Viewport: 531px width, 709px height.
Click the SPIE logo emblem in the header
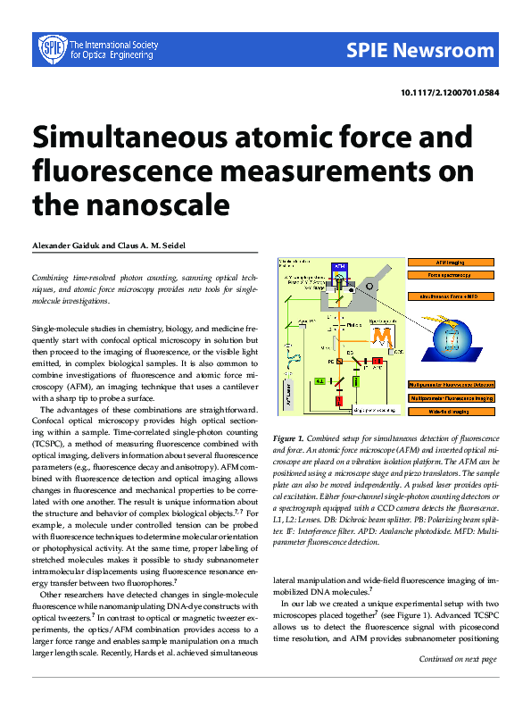pyautogui.click(x=51, y=49)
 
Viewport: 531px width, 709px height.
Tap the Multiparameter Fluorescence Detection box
pyautogui.click(x=452, y=383)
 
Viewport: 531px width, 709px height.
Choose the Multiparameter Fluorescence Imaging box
pyautogui.click(x=452, y=397)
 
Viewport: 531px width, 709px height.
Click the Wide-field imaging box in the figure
pyautogui.click(x=452, y=412)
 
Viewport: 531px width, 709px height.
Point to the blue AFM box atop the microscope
pyautogui.click(x=339, y=266)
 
